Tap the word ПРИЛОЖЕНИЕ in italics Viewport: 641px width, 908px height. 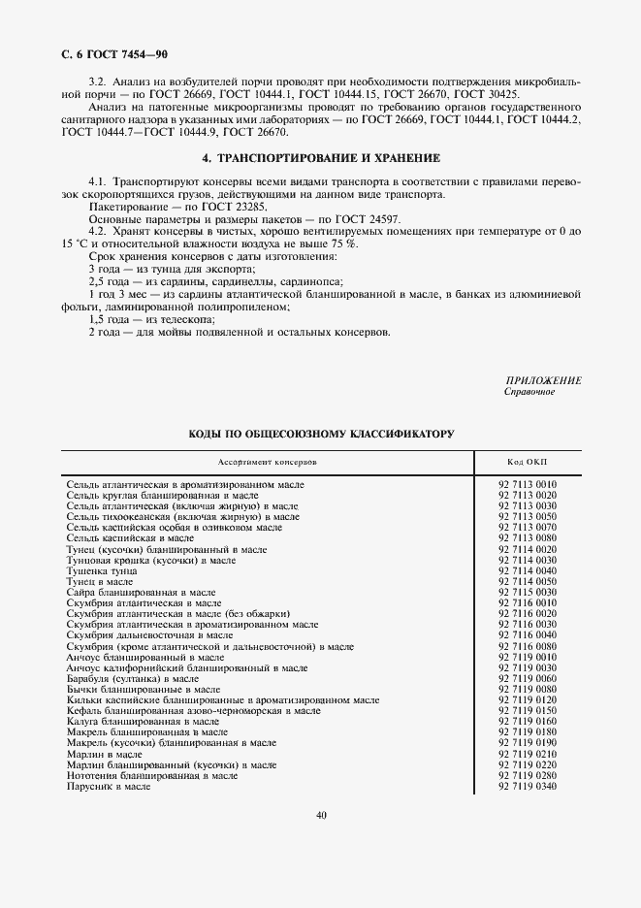tap(543, 380)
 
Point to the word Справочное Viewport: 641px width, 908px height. tap(529, 392)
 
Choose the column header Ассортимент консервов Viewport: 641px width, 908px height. tap(268, 462)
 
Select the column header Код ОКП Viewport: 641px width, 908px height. tap(528, 462)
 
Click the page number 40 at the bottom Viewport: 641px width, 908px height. tap(321, 815)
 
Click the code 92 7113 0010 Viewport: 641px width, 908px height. tap(528, 483)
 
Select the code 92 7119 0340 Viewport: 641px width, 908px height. tap(528, 786)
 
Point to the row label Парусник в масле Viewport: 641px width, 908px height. tap(109, 786)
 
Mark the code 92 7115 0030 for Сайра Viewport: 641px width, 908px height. tap(528, 591)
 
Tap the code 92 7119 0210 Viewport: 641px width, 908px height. tap(528, 754)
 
